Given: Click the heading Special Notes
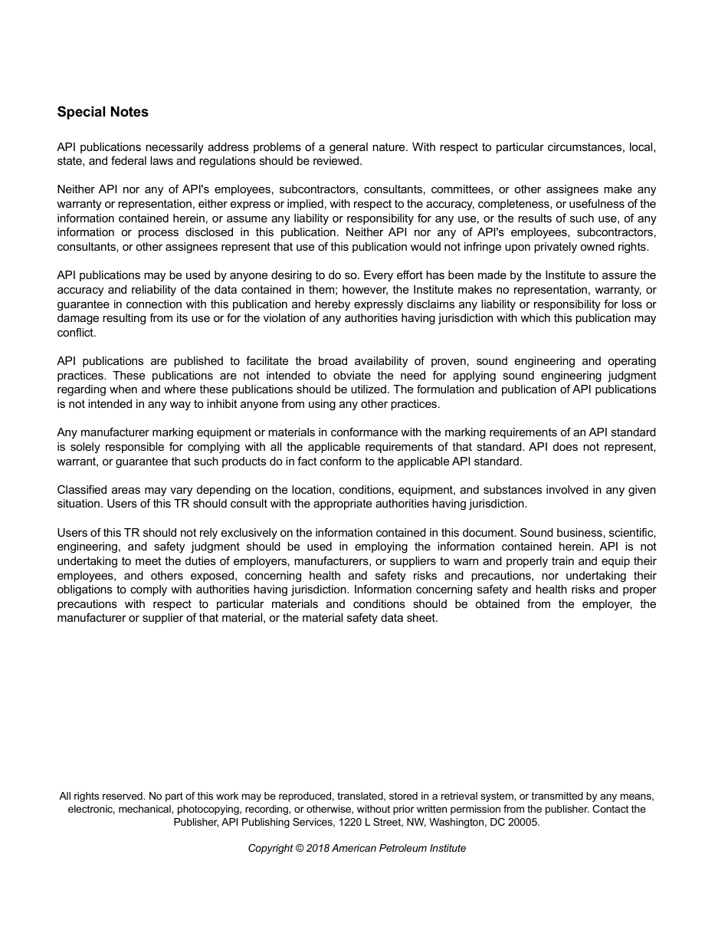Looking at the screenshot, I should coord(103,112).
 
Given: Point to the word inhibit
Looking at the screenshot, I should coord(230,404).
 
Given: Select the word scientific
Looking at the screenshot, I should coord(631,533).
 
